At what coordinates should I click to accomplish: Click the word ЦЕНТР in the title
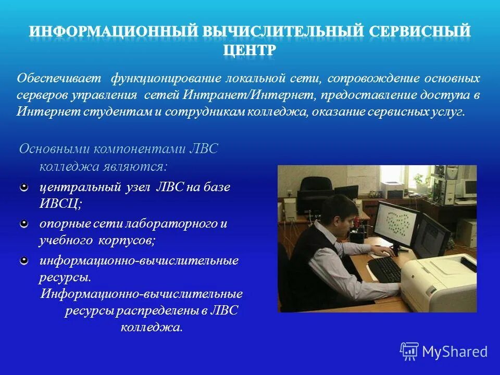coord(249,51)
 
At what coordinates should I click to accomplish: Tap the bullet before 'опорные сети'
coord(24,223)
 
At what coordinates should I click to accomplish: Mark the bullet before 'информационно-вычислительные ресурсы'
coord(24,260)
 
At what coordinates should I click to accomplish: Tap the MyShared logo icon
coord(409,351)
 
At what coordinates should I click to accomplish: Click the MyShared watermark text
coord(454,352)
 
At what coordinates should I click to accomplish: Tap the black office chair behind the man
coord(316,190)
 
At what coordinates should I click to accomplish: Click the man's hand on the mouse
coord(386,253)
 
